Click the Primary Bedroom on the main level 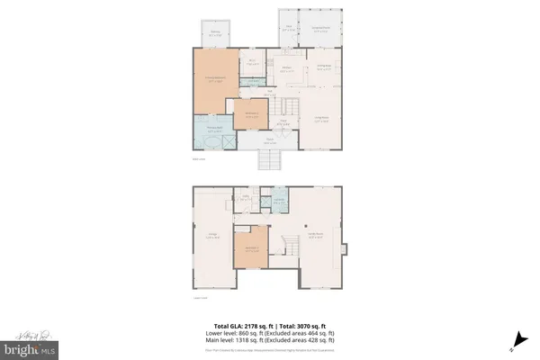click(x=212, y=81)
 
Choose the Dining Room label click(x=324, y=67)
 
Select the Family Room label click(x=316, y=237)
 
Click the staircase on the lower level click(x=289, y=245)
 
